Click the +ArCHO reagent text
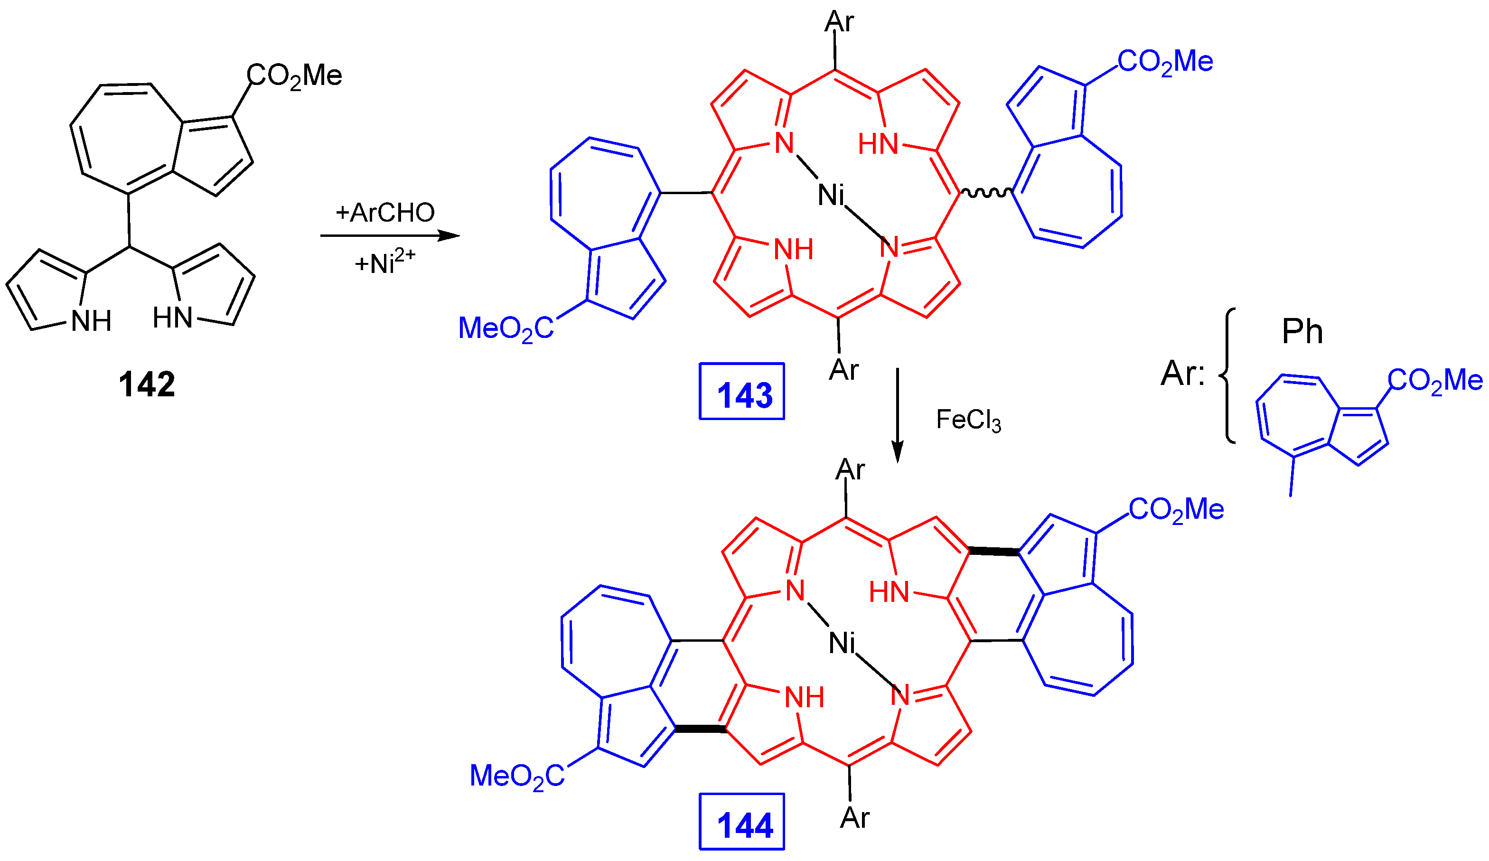tap(385, 213)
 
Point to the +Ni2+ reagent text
tap(384, 262)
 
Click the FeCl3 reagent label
tap(968, 420)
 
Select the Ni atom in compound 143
tap(831, 195)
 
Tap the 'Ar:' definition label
tap(1182, 374)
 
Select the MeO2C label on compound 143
tap(506, 328)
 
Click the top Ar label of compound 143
tap(839, 22)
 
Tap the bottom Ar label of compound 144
tap(854, 817)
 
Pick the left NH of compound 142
tap(91, 321)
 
